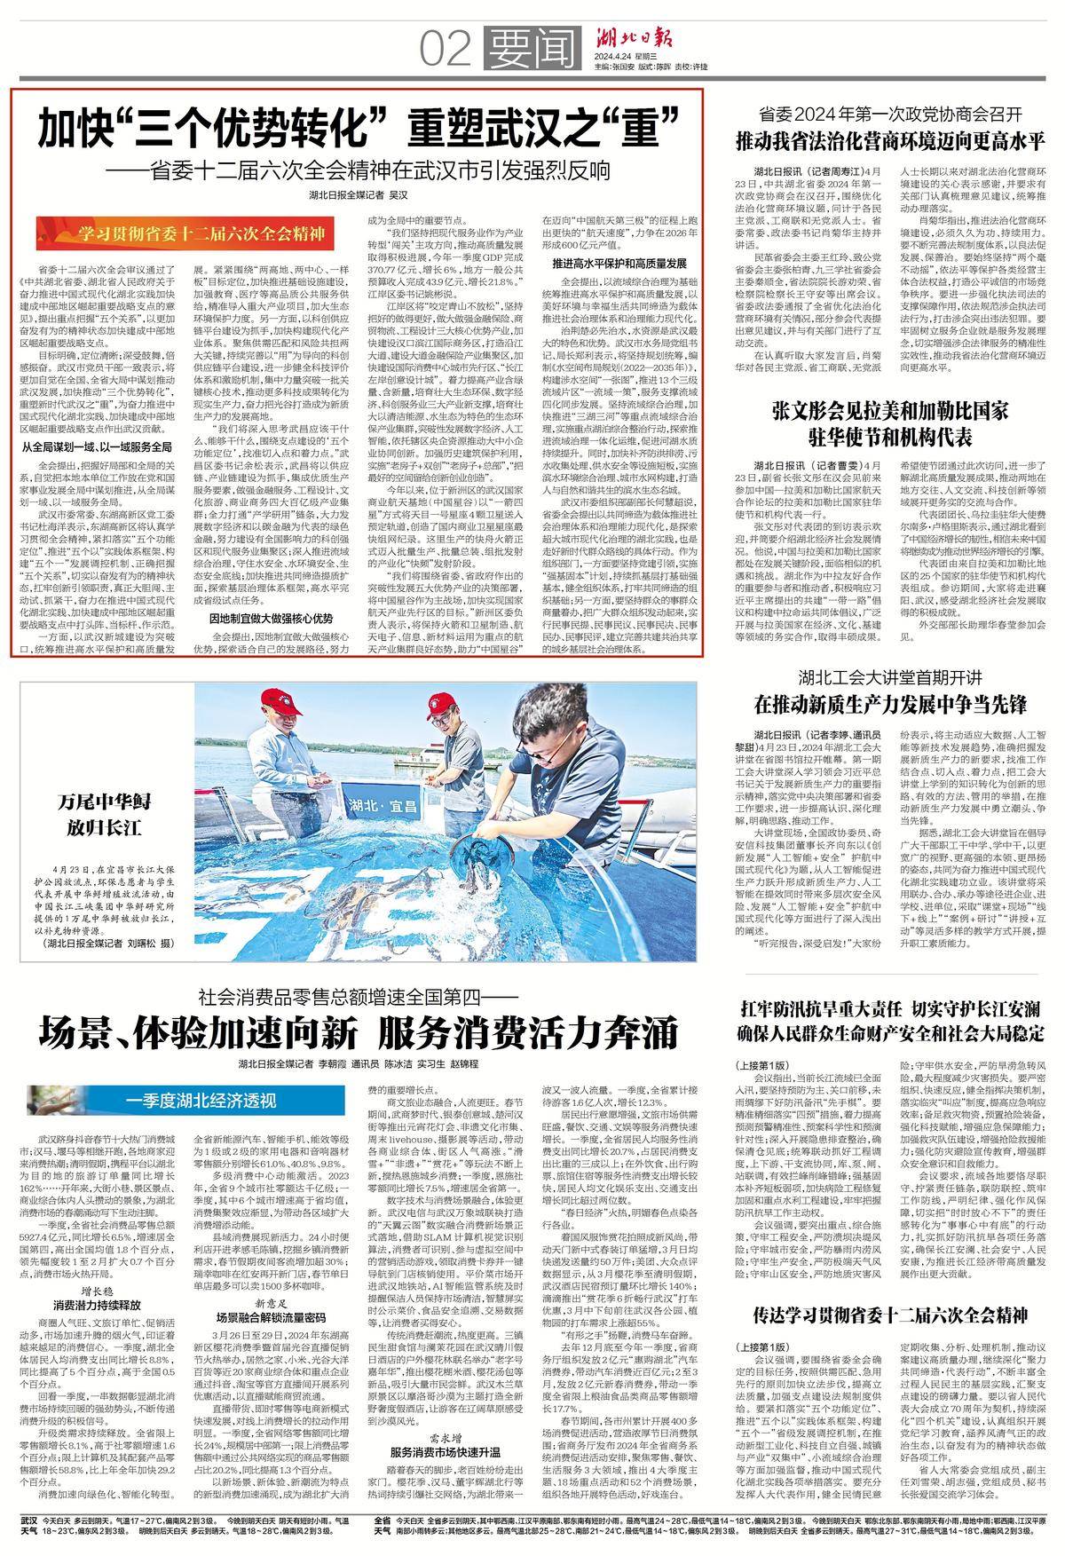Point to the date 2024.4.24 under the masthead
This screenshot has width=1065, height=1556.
click(x=616, y=59)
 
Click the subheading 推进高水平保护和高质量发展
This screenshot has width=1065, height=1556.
click(x=619, y=264)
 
